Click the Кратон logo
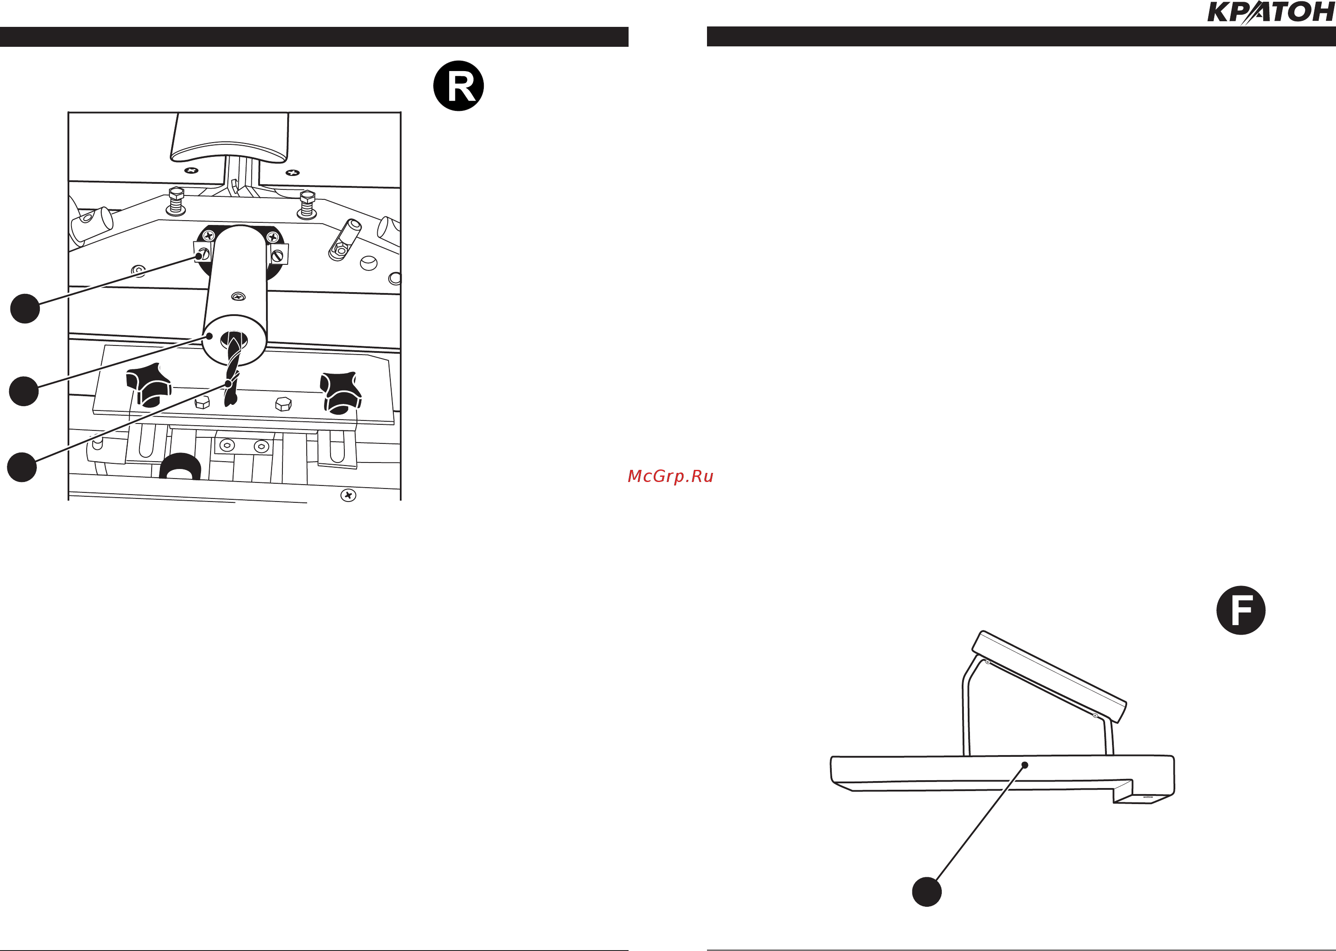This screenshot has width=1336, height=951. click(x=1271, y=12)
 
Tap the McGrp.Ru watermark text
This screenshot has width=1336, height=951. click(x=670, y=476)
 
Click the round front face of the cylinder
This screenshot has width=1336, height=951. click(x=234, y=340)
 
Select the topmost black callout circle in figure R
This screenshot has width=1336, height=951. click(x=25, y=308)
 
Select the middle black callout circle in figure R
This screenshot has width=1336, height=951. click(x=24, y=391)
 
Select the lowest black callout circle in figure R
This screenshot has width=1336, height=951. click(x=22, y=467)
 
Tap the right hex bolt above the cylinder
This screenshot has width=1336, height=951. click(x=307, y=203)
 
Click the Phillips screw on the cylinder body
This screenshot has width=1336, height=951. click(x=238, y=296)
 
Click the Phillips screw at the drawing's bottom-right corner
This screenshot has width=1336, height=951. click(x=348, y=495)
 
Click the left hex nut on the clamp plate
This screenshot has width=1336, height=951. click(x=202, y=402)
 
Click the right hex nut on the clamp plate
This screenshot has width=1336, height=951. click(x=283, y=404)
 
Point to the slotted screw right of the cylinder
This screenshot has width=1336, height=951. click(x=278, y=255)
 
